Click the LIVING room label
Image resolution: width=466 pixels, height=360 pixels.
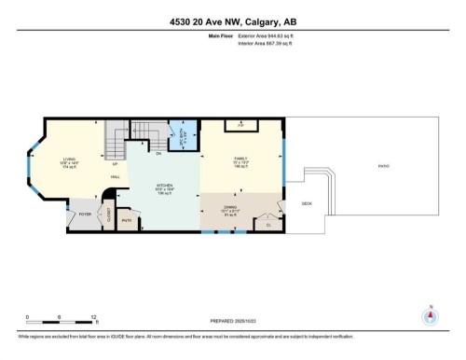[69, 159]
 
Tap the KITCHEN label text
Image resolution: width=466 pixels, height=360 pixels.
[164, 186]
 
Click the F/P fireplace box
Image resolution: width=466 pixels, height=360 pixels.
[240, 123]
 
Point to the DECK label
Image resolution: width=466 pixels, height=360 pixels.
[306, 204]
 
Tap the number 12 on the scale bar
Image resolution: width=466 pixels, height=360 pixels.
[93, 317]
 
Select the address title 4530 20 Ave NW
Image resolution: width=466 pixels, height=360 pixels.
[233, 22]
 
